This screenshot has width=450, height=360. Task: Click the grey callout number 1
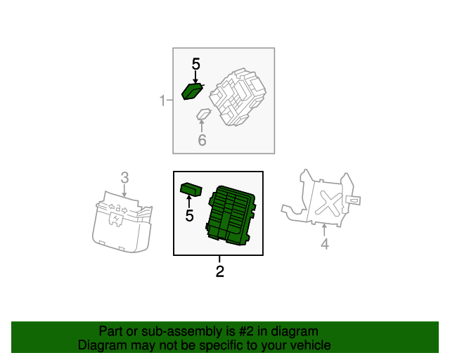pos(162,101)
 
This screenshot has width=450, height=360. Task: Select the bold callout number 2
pos(220,271)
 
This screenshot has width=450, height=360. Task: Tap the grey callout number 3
pos(124,178)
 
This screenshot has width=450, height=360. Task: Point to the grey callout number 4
pos(325,244)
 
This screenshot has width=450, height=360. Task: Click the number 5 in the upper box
pos(195,64)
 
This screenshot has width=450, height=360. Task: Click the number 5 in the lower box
pos(189,216)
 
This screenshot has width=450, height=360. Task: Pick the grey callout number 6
pos(202,140)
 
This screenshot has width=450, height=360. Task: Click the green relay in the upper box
pos(193,91)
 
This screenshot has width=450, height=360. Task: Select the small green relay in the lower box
pos(191,190)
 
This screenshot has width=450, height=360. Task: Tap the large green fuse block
pos(231,216)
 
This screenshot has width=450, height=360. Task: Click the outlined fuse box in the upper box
pos(238,97)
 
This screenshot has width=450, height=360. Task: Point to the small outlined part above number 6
pos(204,114)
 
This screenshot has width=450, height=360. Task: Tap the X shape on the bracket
pos(328,203)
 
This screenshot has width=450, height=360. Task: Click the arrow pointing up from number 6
pos(202,126)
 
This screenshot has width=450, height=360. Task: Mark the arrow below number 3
pos(124,191)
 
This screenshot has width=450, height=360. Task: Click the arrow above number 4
pos(324,231)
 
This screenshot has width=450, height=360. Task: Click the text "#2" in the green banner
pos(246,332)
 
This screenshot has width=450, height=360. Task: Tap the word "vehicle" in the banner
pos(311,345)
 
